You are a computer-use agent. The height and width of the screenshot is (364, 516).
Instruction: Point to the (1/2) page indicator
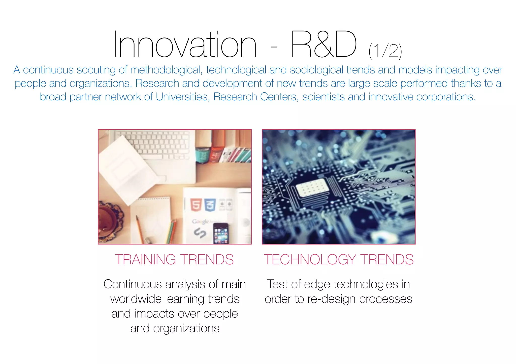pos(385,51)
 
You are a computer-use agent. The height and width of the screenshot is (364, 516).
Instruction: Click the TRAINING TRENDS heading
pos(174,259)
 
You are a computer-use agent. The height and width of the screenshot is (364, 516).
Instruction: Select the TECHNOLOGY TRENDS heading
pos(339,259)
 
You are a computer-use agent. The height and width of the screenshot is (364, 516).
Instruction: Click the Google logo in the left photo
pos(200,221)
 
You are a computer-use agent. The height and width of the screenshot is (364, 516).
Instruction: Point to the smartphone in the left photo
pos(221,233)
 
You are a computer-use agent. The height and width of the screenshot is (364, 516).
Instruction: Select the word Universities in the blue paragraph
pos(181,97)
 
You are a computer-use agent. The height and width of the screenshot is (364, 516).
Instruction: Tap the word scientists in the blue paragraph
pos(324,97)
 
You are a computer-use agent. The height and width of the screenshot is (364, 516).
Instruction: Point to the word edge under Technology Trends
pos(317,285)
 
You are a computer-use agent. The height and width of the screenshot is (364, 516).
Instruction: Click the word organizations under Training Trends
pos(186,329)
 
